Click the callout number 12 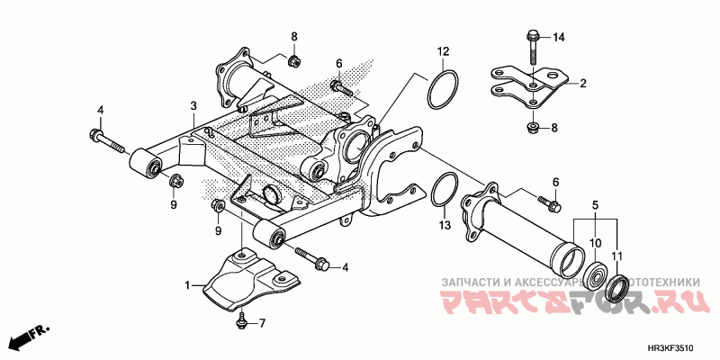tap(443, 50)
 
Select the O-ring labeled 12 tap(443, 91)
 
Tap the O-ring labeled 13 tap(442, 192)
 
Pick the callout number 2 tap(582, 84)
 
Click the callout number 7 tap(263, 323)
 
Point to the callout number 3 tap(193, 106)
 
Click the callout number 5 tap(593, 206)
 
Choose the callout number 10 tap(593, 243)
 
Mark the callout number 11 tap(618, 243)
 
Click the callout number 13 tap(443, 223)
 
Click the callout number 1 tap(188, 285)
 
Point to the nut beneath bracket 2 tap(532, 127)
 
